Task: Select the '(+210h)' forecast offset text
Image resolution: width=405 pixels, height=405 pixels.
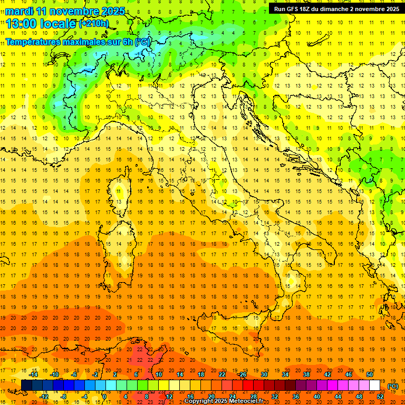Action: point(94,23)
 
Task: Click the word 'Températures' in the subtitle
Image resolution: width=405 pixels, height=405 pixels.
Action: point(31,41)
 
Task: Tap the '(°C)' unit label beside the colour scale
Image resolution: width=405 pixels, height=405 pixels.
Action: point(393,386)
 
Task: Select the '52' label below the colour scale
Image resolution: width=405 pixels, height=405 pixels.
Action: point(380,396)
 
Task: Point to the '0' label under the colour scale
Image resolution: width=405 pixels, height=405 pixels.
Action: point(105,396)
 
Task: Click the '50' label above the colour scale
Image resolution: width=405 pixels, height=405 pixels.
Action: point(369,374)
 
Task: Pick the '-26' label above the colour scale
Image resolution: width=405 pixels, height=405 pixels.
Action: point(243,374)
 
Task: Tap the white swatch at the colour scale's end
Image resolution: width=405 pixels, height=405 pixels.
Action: point(374,385)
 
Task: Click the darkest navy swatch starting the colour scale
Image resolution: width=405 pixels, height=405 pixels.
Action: point(26,385)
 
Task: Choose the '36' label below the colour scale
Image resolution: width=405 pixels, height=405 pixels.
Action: point(295,396)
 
